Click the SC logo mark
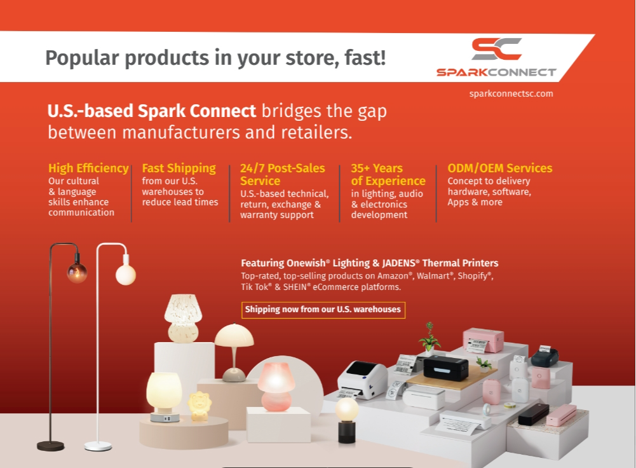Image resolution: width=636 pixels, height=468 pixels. tap(496, 49)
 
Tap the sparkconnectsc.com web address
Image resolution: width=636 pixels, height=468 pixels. tap(511, 93)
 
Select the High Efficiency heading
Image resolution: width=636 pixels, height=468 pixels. tap(88, 168)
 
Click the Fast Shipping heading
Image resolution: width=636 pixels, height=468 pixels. tap(179, 168)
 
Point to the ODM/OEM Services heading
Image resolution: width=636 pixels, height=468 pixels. tap(499, 168)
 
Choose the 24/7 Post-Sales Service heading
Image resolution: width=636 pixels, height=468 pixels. tap(282, 174)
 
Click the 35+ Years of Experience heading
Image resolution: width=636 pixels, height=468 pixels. tap(388, 174)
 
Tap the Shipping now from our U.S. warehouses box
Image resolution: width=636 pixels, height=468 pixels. tap(323, 310)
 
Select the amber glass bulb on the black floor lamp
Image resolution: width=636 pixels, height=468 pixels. tap(77, 272)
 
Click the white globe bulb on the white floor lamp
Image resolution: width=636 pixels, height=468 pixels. tap(126, 275)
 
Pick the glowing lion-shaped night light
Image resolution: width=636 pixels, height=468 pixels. tap(199, 406)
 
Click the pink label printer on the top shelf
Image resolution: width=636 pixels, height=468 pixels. tap(483, 340)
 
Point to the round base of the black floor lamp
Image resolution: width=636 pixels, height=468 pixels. tap(51, 446)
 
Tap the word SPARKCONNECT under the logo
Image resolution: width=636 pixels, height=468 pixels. tap(496, 72)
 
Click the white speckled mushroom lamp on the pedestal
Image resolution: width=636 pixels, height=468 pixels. tap(183, 318)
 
